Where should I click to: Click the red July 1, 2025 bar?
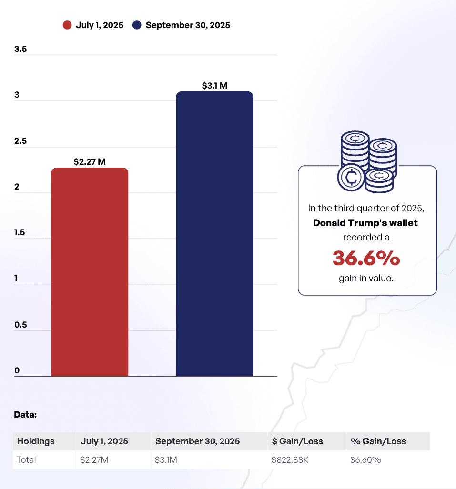coord(90,272)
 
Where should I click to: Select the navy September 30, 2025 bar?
coord(214,234)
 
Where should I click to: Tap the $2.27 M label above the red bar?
coord(90,162)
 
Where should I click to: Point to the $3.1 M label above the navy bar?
coord(214,86)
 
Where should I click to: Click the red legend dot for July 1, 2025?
coord(67,25)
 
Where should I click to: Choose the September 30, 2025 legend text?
coord(188,25)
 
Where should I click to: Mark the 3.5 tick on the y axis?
coord(20,49)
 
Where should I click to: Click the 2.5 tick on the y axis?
coord(20,141)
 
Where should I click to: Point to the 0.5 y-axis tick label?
coord(20,325)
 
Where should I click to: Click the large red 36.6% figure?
coord(366,258)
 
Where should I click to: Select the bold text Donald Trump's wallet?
coord(365,223)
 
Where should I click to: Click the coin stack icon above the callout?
coord(367,162)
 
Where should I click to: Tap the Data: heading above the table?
coord(25,414)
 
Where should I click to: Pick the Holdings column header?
coord(36,441)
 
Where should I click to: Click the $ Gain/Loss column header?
coord(297,441)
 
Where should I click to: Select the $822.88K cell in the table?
coord(290,460)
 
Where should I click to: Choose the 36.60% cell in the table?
coord(366,460)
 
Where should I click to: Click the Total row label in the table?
coord(27,460)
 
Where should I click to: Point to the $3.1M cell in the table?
coord(167,460)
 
